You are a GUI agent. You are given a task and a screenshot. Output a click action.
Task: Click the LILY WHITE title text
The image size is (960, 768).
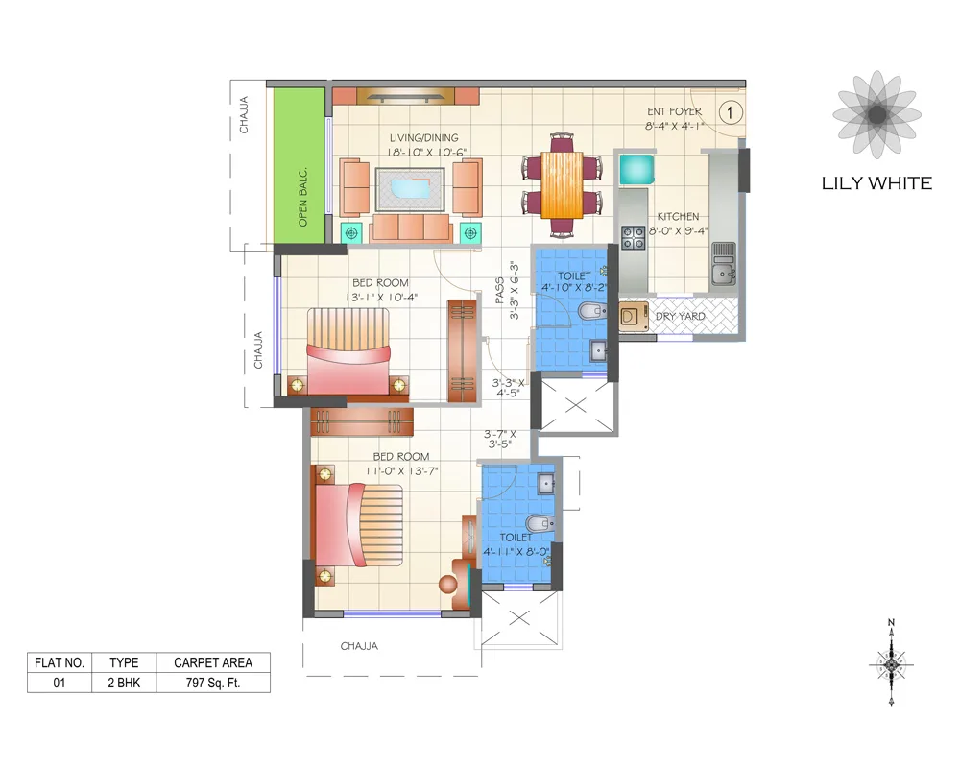[x=876, y=182]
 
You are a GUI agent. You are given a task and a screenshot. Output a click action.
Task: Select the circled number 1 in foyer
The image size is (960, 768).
[x=731, y=112]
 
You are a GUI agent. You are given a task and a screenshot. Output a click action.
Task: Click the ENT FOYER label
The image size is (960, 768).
[x=674, y=112]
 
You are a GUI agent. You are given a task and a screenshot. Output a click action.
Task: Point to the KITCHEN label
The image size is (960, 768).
[x=678, y=217]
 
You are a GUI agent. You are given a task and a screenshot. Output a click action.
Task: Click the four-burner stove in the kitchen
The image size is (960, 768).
[x=633, y=236]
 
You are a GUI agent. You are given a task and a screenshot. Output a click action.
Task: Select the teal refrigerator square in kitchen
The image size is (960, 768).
[x=636, y=169]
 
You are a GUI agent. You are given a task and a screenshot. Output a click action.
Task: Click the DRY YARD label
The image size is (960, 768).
[x=680, y=316]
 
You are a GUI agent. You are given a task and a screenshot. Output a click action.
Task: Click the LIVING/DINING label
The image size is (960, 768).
[x=423, y=138]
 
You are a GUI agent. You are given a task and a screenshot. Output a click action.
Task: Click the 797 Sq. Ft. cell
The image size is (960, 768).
[x=213, y=684]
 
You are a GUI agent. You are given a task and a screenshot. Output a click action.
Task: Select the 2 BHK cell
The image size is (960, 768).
[x=124, y=684]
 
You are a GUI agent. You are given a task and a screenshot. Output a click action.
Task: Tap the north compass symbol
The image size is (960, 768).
[x=892, y=663]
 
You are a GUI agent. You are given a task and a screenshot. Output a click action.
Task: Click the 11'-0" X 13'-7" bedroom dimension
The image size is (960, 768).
[x=401, y=471]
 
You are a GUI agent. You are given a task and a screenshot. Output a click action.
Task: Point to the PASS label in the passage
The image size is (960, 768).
[x=499, y=291]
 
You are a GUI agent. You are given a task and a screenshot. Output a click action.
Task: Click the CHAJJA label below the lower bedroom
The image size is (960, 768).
[x=360, y=646]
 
